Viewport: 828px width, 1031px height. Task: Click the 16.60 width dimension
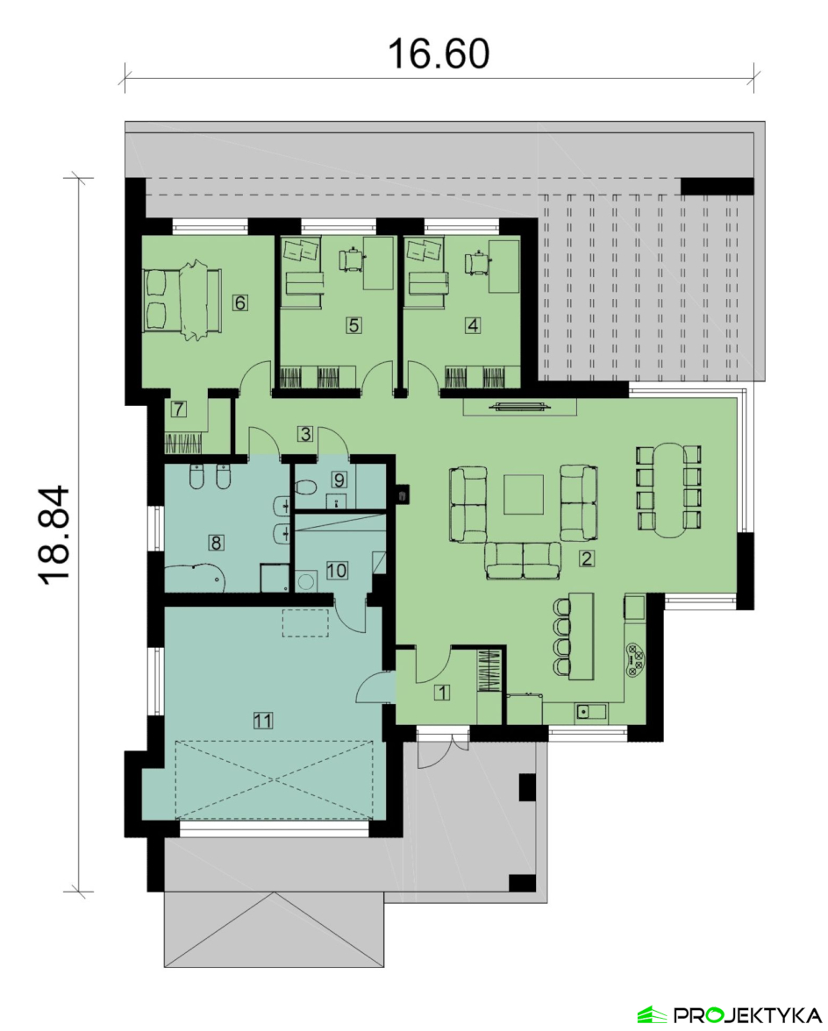(439, 54)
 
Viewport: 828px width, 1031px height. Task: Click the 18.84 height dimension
(54, 535)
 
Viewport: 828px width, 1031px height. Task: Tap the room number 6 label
(240, 302)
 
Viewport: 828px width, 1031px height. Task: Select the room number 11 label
(262, 721)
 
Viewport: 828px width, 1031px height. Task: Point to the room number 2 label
(586, 558)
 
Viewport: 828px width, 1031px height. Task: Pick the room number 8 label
(216, 543)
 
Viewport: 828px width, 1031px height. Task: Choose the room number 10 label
(336, 570)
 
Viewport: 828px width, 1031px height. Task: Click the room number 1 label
(442, 692)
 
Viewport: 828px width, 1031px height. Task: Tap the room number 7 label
(178, 409)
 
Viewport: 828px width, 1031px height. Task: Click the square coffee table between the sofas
(524, 494)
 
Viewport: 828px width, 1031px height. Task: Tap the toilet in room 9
(305, 487)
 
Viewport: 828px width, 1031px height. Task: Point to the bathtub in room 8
(195, 579)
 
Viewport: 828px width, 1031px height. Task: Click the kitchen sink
(591, 712)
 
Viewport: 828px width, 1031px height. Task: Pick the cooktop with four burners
(634, 660)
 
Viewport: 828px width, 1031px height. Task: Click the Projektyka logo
(729, 1014)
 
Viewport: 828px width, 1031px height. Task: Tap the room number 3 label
(304, 434)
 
